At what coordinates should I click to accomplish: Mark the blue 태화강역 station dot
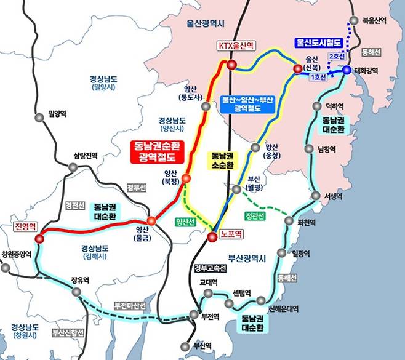[x=347, y=70]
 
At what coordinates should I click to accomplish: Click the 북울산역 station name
[x=374, y=20]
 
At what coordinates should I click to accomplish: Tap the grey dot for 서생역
[x=316, y=196]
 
